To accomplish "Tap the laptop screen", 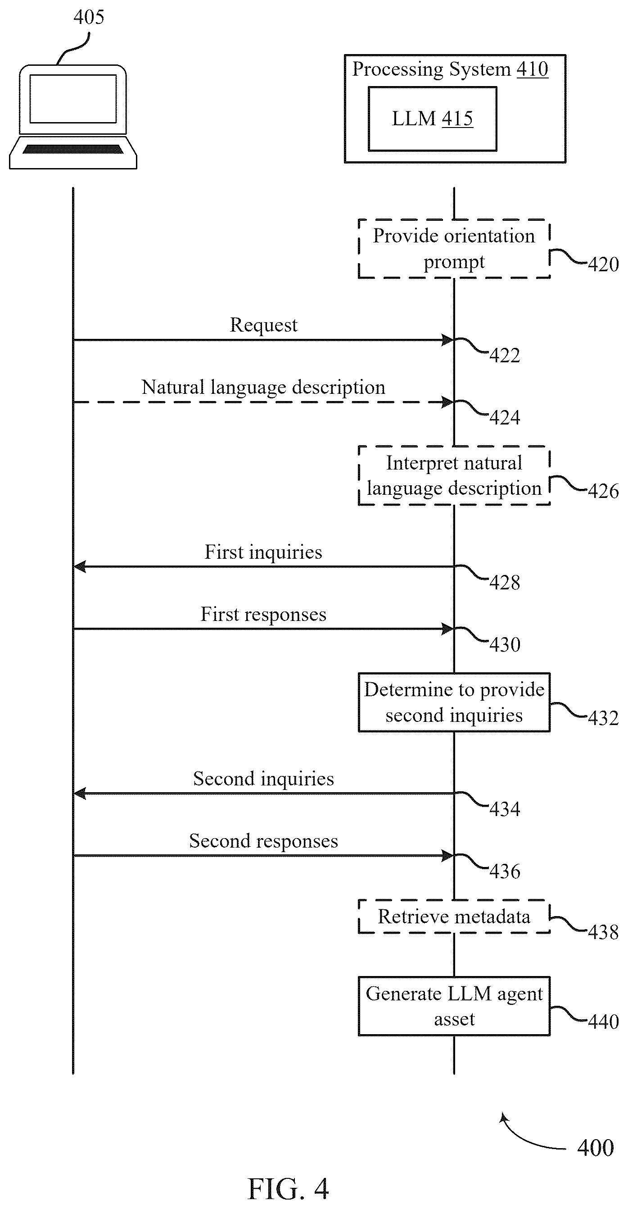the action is [x=72, y=99].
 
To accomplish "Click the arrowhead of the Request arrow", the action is [x=447, y=340].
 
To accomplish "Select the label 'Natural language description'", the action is [x=264, y=388].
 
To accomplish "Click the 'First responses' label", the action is [x=264, y=614].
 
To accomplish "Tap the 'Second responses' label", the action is [x=264, y=841].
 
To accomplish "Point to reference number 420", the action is [x=604, y=264].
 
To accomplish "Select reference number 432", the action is [x=604, y=718].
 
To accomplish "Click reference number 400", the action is [x=596, y=1148].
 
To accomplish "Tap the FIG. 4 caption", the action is [x=288, y=1189].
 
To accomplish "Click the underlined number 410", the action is [x=532, y=69].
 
